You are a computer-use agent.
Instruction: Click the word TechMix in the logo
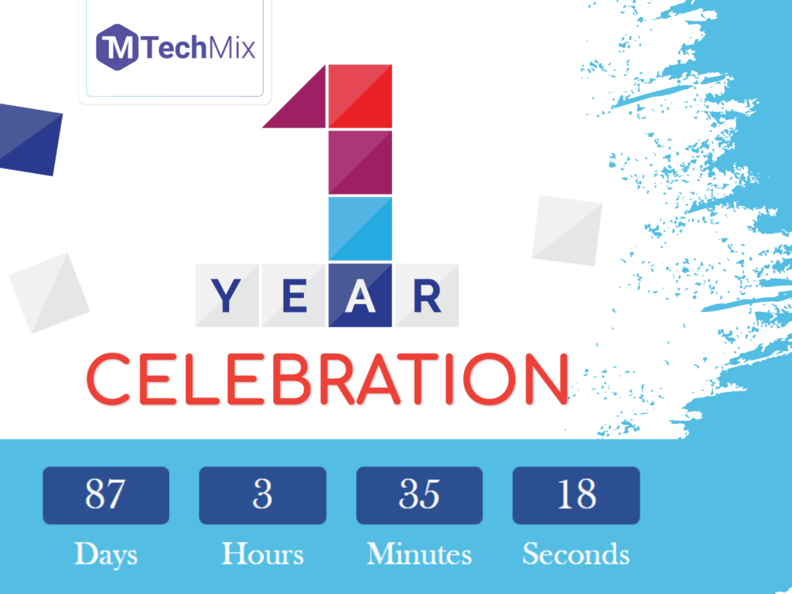[x=196, y=48]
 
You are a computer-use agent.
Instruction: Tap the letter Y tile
[x=227, y=295]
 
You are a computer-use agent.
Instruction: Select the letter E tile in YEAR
[x=293, y=295]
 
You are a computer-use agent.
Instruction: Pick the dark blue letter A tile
[x=360, y=295]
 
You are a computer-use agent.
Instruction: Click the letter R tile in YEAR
[x=427, y=295]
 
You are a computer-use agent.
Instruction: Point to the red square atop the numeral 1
[x=360, y=95]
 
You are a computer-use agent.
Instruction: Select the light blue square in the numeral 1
[x=360, y=228]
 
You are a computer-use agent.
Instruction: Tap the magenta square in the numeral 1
[x=360, y=162]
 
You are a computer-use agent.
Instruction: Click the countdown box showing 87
[x=105, y=495]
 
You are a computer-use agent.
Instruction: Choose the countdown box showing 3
[x=262, y=495]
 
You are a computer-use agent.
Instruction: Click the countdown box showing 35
[x=419, y=495]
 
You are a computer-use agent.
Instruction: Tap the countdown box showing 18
[x=576, y=495]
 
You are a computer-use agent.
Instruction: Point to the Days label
[x=105, y=554]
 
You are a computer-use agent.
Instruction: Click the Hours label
[x=262, y=554]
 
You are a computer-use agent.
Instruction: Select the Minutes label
[x=419, y=554]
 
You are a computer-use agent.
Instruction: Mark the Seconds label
[x=576, y=554]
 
